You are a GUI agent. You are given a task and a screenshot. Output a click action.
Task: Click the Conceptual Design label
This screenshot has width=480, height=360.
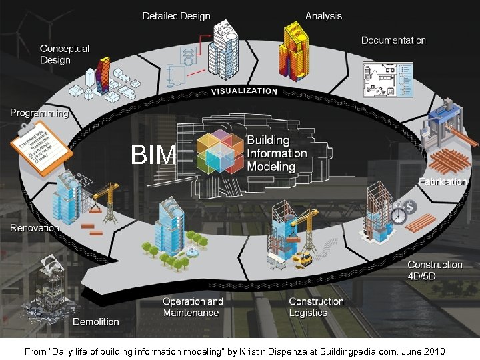point(65,54)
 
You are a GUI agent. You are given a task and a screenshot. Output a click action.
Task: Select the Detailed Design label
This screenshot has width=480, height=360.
point(176,15)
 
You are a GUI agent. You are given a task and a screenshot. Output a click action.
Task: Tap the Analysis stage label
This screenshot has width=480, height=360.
point(323,15)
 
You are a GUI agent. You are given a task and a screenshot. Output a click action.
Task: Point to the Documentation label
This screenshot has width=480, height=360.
point(393,40)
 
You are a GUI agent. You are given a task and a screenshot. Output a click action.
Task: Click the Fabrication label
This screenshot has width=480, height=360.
point(442,181)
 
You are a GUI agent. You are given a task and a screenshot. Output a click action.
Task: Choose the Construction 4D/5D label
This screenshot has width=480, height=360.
point(435,270)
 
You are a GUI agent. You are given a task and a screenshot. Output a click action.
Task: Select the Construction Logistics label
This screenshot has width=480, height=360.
point(316,307)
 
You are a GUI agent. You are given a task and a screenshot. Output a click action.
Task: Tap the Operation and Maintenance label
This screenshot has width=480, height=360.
point(193,307)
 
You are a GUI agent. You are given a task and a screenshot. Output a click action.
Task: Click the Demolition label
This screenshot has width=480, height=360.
point(96,322)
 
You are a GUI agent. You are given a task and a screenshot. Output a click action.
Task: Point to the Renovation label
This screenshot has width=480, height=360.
point(35,228)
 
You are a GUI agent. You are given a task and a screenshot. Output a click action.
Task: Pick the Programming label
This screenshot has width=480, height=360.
point(39,113)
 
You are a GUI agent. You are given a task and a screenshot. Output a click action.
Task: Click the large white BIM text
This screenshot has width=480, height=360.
point(153,155)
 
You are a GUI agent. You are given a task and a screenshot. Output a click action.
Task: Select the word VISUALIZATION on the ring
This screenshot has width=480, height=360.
point(245,91)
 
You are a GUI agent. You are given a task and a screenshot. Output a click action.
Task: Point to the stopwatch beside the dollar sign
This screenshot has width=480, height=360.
point(399,215)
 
